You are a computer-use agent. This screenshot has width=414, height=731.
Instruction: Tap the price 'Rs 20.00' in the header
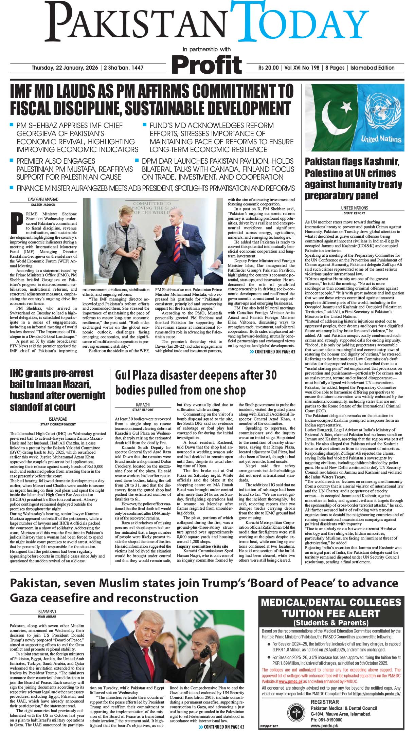[268, 68]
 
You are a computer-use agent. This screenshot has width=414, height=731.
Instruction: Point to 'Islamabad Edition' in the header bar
[372, 68]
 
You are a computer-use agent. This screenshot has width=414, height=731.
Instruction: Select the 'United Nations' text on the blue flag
[381, 139]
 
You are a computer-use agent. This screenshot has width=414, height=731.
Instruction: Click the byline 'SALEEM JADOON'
[43, 205]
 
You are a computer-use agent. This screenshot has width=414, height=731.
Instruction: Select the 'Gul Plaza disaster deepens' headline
[196, 382]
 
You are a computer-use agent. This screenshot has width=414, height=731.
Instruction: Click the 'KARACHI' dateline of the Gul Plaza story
[143, 405]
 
